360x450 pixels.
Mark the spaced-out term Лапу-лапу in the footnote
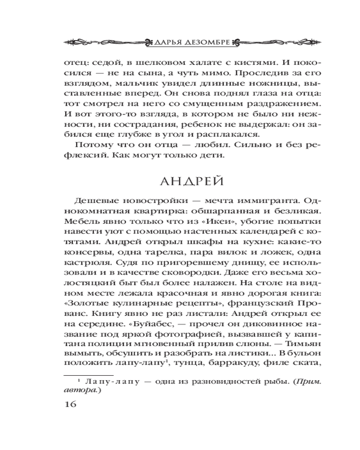pos(111,382)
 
